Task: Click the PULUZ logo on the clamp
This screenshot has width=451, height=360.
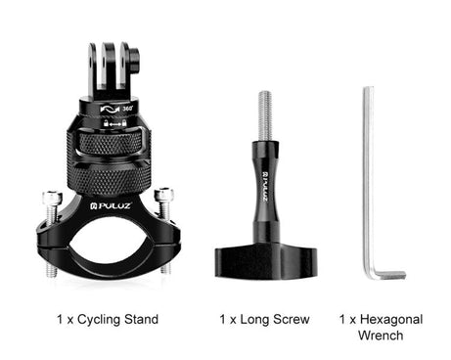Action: point(111,205)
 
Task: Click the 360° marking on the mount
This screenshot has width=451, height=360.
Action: point(127,109)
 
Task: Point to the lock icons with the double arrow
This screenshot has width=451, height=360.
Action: point(114,123)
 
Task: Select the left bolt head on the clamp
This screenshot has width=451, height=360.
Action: point(52,197)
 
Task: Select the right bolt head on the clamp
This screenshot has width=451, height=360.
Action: point(163,195)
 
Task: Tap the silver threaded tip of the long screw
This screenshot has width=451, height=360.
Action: point(265,115)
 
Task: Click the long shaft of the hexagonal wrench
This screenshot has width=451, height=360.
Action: point(369,179)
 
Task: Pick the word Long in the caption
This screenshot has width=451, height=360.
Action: point(254,320)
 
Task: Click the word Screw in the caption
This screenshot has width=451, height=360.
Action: point(292,319)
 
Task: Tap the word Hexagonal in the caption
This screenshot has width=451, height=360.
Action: point(391,320)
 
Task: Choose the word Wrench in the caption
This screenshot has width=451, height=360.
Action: point(381,336)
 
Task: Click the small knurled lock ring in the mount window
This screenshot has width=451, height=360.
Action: point(111,145)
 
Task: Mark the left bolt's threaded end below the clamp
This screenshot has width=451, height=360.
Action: point(51,270)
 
